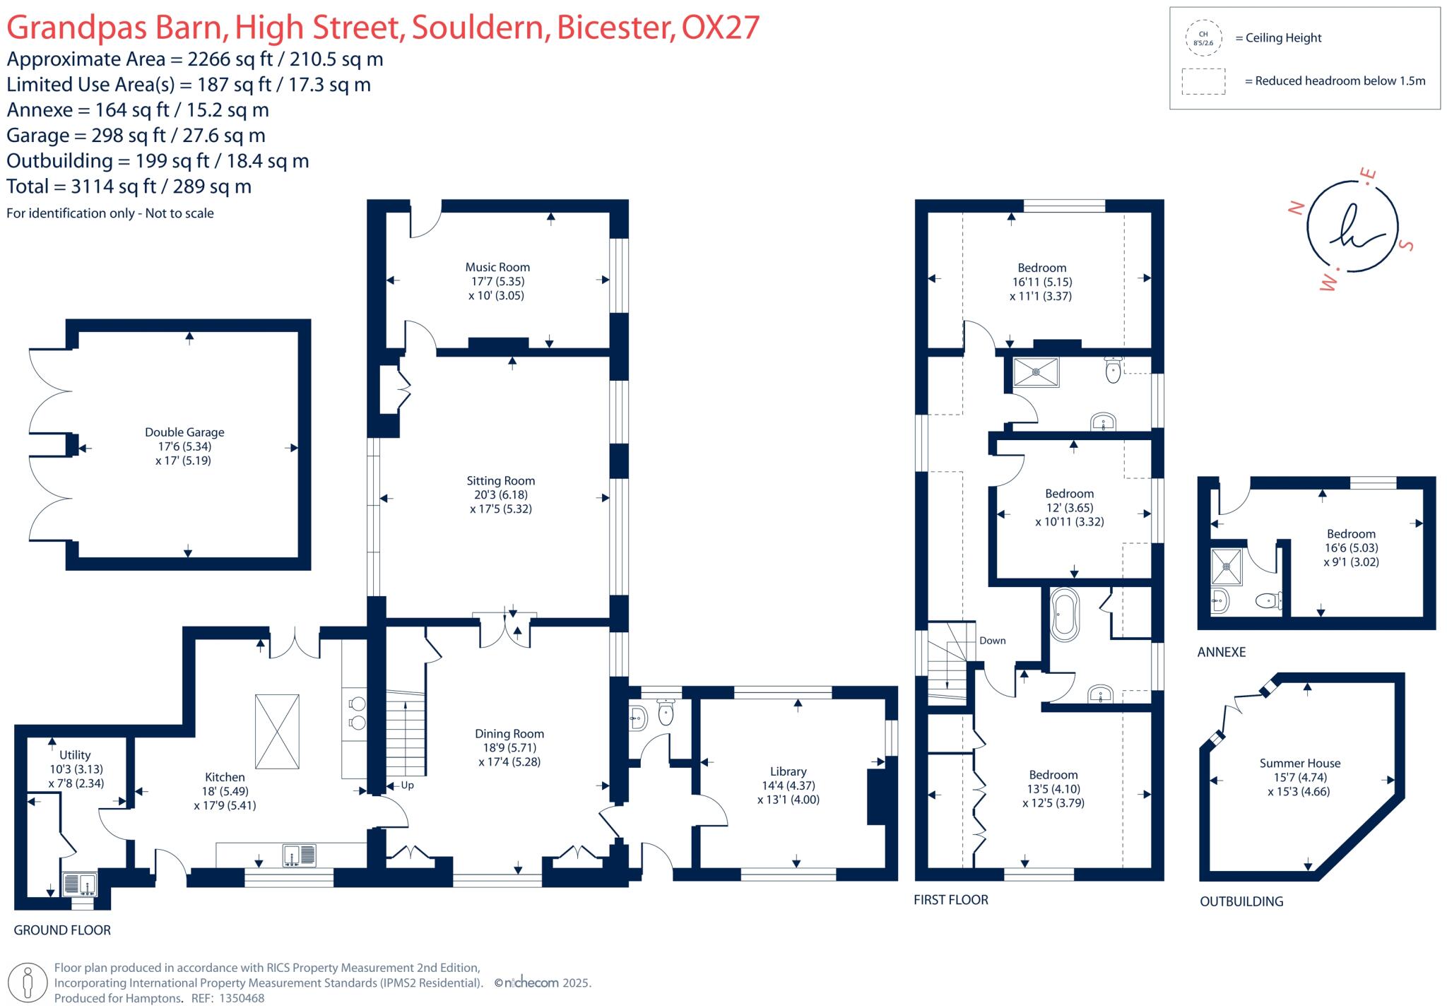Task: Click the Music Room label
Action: click(497, 267)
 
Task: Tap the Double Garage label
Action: click(184, 432)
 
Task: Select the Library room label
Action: click(788, 771)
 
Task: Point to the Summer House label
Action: click(1299, 763)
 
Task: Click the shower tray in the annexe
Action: click(1227, 567)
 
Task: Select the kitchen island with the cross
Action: click(277, 731)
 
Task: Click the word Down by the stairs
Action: click(992, 641)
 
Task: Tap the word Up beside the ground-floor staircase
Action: click(407, 785)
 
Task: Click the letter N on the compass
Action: click(1296, 208)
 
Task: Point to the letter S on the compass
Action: click(1406, 245)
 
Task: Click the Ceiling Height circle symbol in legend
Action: click(1203, 38)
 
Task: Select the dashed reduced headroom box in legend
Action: click(1203, 81)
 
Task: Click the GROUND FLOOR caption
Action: click(62, 930)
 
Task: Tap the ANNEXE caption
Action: click(1221, 652)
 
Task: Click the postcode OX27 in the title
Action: click(720, 28)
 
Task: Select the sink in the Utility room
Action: click(79, 884)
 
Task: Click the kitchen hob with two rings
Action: click(358, 713)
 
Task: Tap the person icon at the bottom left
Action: click(28, 982)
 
